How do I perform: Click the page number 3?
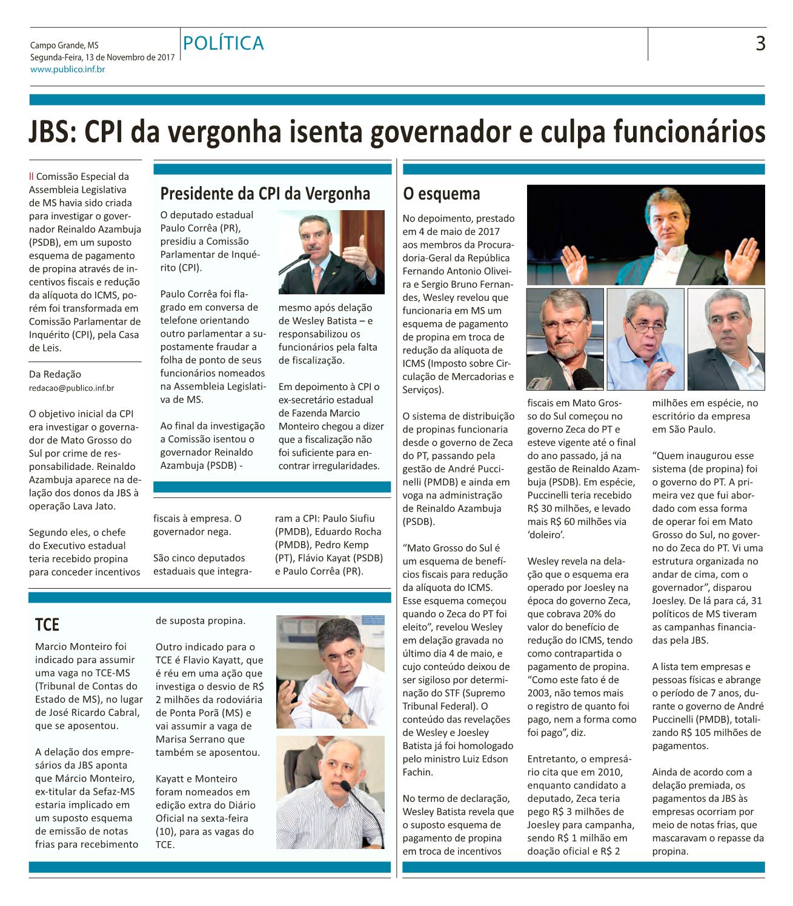tap(760, 44)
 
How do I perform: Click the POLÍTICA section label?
tap(224, 44)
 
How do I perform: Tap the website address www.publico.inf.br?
tap(68, 70)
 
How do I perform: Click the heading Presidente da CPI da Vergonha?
tap(265, 194)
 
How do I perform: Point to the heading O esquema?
tap(441, 194)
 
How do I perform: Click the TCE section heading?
tap(47, 624)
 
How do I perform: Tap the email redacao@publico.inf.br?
tap(71, 388)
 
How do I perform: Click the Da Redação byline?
tap(55, 374)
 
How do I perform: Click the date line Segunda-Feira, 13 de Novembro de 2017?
tap(102, 58)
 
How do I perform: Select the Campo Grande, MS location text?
tap(64, 45)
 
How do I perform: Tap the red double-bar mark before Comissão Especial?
tap(32, 177)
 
